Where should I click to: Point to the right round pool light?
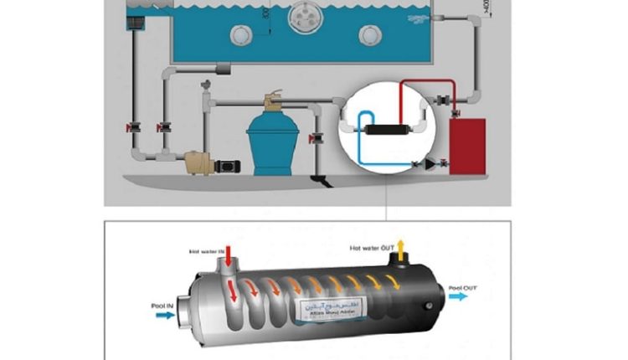pyautogui.click(x=368, y=34)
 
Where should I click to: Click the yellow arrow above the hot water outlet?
pyautogui.click(x=400, y=247)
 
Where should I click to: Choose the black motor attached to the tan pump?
pyautogui.click(x=227, y=165)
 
